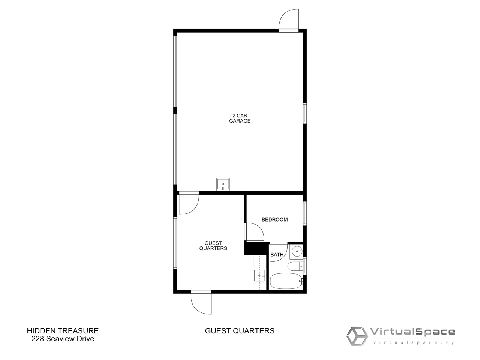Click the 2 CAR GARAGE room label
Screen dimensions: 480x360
(x=240, y=118)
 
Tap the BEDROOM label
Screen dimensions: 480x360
(x=274, y=220)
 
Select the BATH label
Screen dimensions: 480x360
(x=277, y=254)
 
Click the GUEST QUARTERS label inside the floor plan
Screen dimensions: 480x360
(x=213, y=246)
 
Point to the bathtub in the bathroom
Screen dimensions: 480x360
(x=286, y=281)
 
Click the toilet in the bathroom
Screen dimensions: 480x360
(x=295, y=267)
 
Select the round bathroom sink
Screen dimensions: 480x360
(x=297, y=251)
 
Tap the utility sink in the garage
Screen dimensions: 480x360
(x=223, y=184)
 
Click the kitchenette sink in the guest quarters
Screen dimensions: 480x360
(x=259, y=276)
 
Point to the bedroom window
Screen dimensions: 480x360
(x=304, y=213)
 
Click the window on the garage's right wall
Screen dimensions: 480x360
(x=304, y=113)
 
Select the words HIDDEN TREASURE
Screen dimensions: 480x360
(x=63, y=331)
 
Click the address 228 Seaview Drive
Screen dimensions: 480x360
(x=63, y=339)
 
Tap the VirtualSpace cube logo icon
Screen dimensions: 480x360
(x=357, y=336)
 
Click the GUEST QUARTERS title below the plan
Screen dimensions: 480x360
(x=240, y=331)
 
